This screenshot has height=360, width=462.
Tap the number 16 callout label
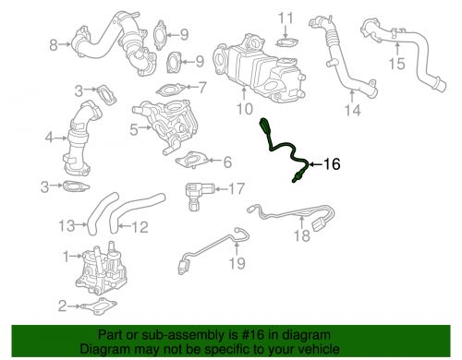click(x=331, y=164)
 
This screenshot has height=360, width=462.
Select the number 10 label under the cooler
click(x=243, y=109)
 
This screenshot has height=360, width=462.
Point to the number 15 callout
click(x=396, y=64)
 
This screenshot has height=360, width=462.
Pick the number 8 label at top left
click(x=53, y=42)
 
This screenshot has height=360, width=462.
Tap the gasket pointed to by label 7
click(x=170, y=90)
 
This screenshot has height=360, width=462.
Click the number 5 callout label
click(x=134, y=129)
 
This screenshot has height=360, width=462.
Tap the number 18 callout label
click(x=298, y=236)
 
